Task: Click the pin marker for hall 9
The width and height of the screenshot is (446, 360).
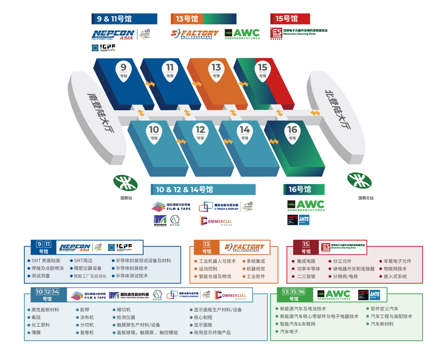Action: [x=123, y=70]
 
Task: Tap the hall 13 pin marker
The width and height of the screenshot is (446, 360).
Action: [x=216, y=70]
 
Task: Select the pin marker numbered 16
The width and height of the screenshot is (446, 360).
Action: [x=292, y=133]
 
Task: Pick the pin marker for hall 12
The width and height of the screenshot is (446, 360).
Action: [x=200, y=133]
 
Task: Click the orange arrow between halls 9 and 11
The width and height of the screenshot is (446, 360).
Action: [x=150, y=84]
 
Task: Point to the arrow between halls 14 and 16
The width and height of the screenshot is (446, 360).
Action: [x=274, y=142]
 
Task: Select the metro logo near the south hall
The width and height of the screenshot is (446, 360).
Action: [x=126, y=182]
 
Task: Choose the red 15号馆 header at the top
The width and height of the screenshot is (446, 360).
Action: [x=290, y=19]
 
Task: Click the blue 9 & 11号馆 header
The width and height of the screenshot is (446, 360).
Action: [x=124, y=19]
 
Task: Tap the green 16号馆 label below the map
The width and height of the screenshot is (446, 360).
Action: [x=304, y=189]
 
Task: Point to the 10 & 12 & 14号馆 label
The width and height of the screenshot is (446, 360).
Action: [x=203, y=189]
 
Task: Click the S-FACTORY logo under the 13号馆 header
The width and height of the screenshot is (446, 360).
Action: [x=195, y=34]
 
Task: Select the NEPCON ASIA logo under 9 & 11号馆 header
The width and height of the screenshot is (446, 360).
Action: [x=113, y=35]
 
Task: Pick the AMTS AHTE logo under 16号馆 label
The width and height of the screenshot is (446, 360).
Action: [x=298, y=220]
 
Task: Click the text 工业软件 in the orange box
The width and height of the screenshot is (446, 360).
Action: [x=256, y=276]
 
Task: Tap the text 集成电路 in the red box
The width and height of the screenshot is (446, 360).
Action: [x=306, y=261]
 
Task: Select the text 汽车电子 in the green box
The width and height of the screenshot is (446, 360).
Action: [x=289, y=332]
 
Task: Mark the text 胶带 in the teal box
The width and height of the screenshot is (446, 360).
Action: [x=84, y=310]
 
